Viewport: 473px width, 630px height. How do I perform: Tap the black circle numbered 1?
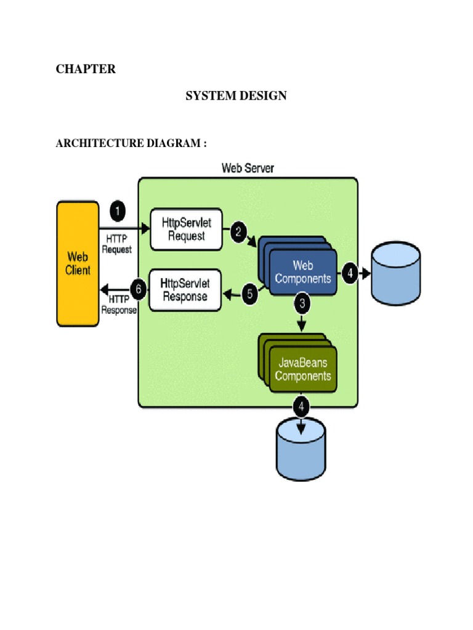tap(117, 213)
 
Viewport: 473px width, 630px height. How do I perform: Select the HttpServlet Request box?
tap(186, 228)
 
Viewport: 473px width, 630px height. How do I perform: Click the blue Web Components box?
tap(303, 273)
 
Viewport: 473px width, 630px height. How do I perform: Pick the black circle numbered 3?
tap(302, 303)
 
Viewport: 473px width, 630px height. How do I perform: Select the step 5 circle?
tap(249, 294)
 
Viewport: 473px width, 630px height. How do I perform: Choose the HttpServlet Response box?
tap(186, 290)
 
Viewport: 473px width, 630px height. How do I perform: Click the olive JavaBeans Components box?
tap(303, 369)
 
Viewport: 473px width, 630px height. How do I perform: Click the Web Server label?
tap(248, 168)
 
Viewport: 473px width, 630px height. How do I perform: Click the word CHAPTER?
tap(86, 69)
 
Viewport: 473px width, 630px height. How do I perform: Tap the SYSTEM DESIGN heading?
tap(236, 95)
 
